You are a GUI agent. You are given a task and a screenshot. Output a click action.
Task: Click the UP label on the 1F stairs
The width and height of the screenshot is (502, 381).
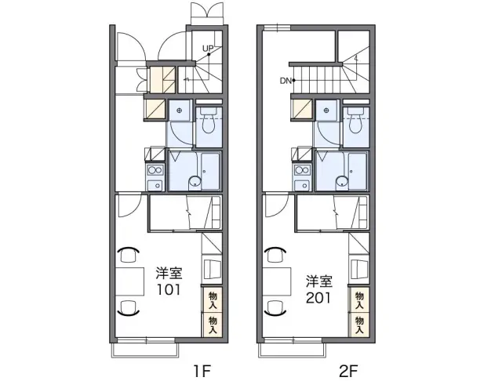(x=208, y=49)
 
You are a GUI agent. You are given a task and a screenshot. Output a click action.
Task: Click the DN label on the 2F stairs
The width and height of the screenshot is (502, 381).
(x=286, y=81)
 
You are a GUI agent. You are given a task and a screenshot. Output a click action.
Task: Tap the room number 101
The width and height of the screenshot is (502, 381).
(x=169, y=290)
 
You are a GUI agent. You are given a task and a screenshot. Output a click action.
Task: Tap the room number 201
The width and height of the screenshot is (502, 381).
(x=318, y=298)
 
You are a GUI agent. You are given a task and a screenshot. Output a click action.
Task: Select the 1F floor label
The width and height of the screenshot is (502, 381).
(x=202, y=371)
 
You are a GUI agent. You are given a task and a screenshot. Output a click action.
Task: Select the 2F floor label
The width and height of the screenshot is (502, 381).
(x=348, y=371)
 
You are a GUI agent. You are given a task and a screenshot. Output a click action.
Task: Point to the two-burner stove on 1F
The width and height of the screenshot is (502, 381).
(x=155, y=170)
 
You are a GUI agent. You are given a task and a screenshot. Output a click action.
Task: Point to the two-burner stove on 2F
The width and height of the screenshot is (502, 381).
(x=302, y=170)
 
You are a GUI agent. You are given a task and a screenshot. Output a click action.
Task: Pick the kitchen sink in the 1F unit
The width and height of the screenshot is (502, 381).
(x=155, y=184)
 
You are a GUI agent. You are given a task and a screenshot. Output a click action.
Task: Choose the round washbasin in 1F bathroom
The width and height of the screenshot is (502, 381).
(x=195, y=182)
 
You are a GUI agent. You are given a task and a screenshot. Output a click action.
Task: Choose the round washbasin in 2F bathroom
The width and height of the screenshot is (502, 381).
(x=342, y=182)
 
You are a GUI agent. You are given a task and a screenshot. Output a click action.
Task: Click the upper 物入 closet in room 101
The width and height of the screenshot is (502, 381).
(x=213, y=299)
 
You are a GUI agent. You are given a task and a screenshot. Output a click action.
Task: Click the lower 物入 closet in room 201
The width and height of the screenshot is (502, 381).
(x=359, y=325)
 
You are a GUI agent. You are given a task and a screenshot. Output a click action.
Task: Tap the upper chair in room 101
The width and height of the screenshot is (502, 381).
(x=128, y=255)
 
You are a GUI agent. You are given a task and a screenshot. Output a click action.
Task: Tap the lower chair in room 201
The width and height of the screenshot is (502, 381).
(x=275, y=308)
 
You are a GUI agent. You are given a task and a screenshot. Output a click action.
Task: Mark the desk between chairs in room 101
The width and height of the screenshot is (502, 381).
(x=129, y=281)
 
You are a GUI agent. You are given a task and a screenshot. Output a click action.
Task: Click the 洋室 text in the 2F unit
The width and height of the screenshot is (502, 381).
(x=319, y=281)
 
